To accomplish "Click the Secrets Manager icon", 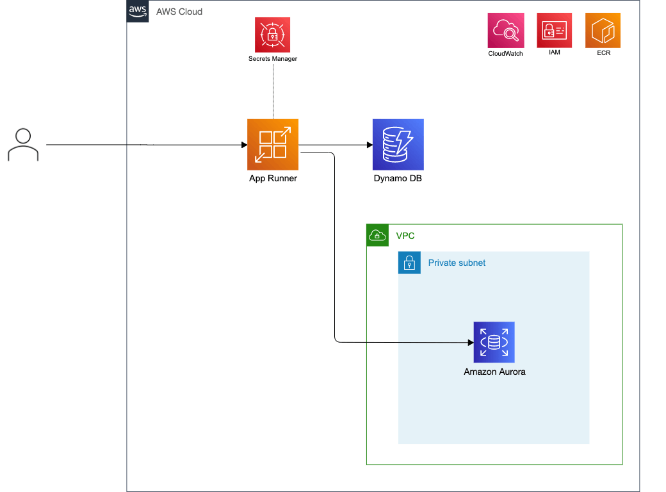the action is [x=272, y=35].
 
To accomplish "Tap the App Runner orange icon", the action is [x=273, y=144].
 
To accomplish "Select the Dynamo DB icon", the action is [x=398, y=144].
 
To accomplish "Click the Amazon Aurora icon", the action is [x=494, y=342].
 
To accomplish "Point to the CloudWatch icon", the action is [x=505, y=31].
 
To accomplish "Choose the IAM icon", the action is [x=554, y=30].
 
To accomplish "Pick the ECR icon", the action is [x=603, y=30].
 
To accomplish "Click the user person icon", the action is [x=23, y=144].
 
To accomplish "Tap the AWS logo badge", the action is [x=138, y=11].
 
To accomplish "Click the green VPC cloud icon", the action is [x=378, y=235].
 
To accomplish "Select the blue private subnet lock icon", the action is [x=409, y=263].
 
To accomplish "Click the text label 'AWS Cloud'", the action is [x=179, y=12].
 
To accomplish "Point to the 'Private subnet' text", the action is [x=457, y=263].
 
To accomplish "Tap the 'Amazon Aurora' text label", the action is [x=494, y=372].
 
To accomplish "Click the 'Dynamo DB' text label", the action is [x=398, y=179].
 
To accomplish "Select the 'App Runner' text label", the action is [x=273, y=179].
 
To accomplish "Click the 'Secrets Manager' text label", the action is [x=273, y=59].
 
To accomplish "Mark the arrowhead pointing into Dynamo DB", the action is [x=370, y=145].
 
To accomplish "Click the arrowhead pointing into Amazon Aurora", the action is [x=471, y=343].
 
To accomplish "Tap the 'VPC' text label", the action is [x=405, y=236].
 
